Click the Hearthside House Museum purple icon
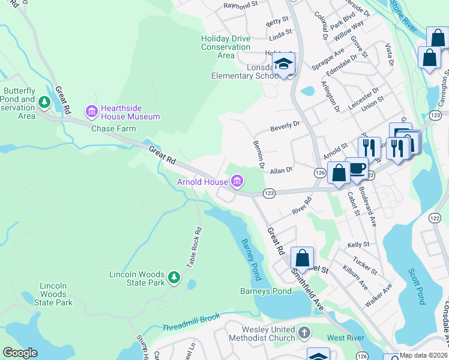(91, 111)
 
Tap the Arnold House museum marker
(237, 181)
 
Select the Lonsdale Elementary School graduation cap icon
(283, 64)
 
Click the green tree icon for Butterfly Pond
(44, 103)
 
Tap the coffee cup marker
(357, 168)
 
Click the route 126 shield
(320, 173)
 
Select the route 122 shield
(434, 219)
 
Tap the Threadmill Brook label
(191, 325)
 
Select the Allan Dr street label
(280, 170)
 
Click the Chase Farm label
(113, 128)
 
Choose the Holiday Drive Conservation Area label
(226, 47)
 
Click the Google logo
(20, 353)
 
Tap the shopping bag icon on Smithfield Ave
(303, 258)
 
